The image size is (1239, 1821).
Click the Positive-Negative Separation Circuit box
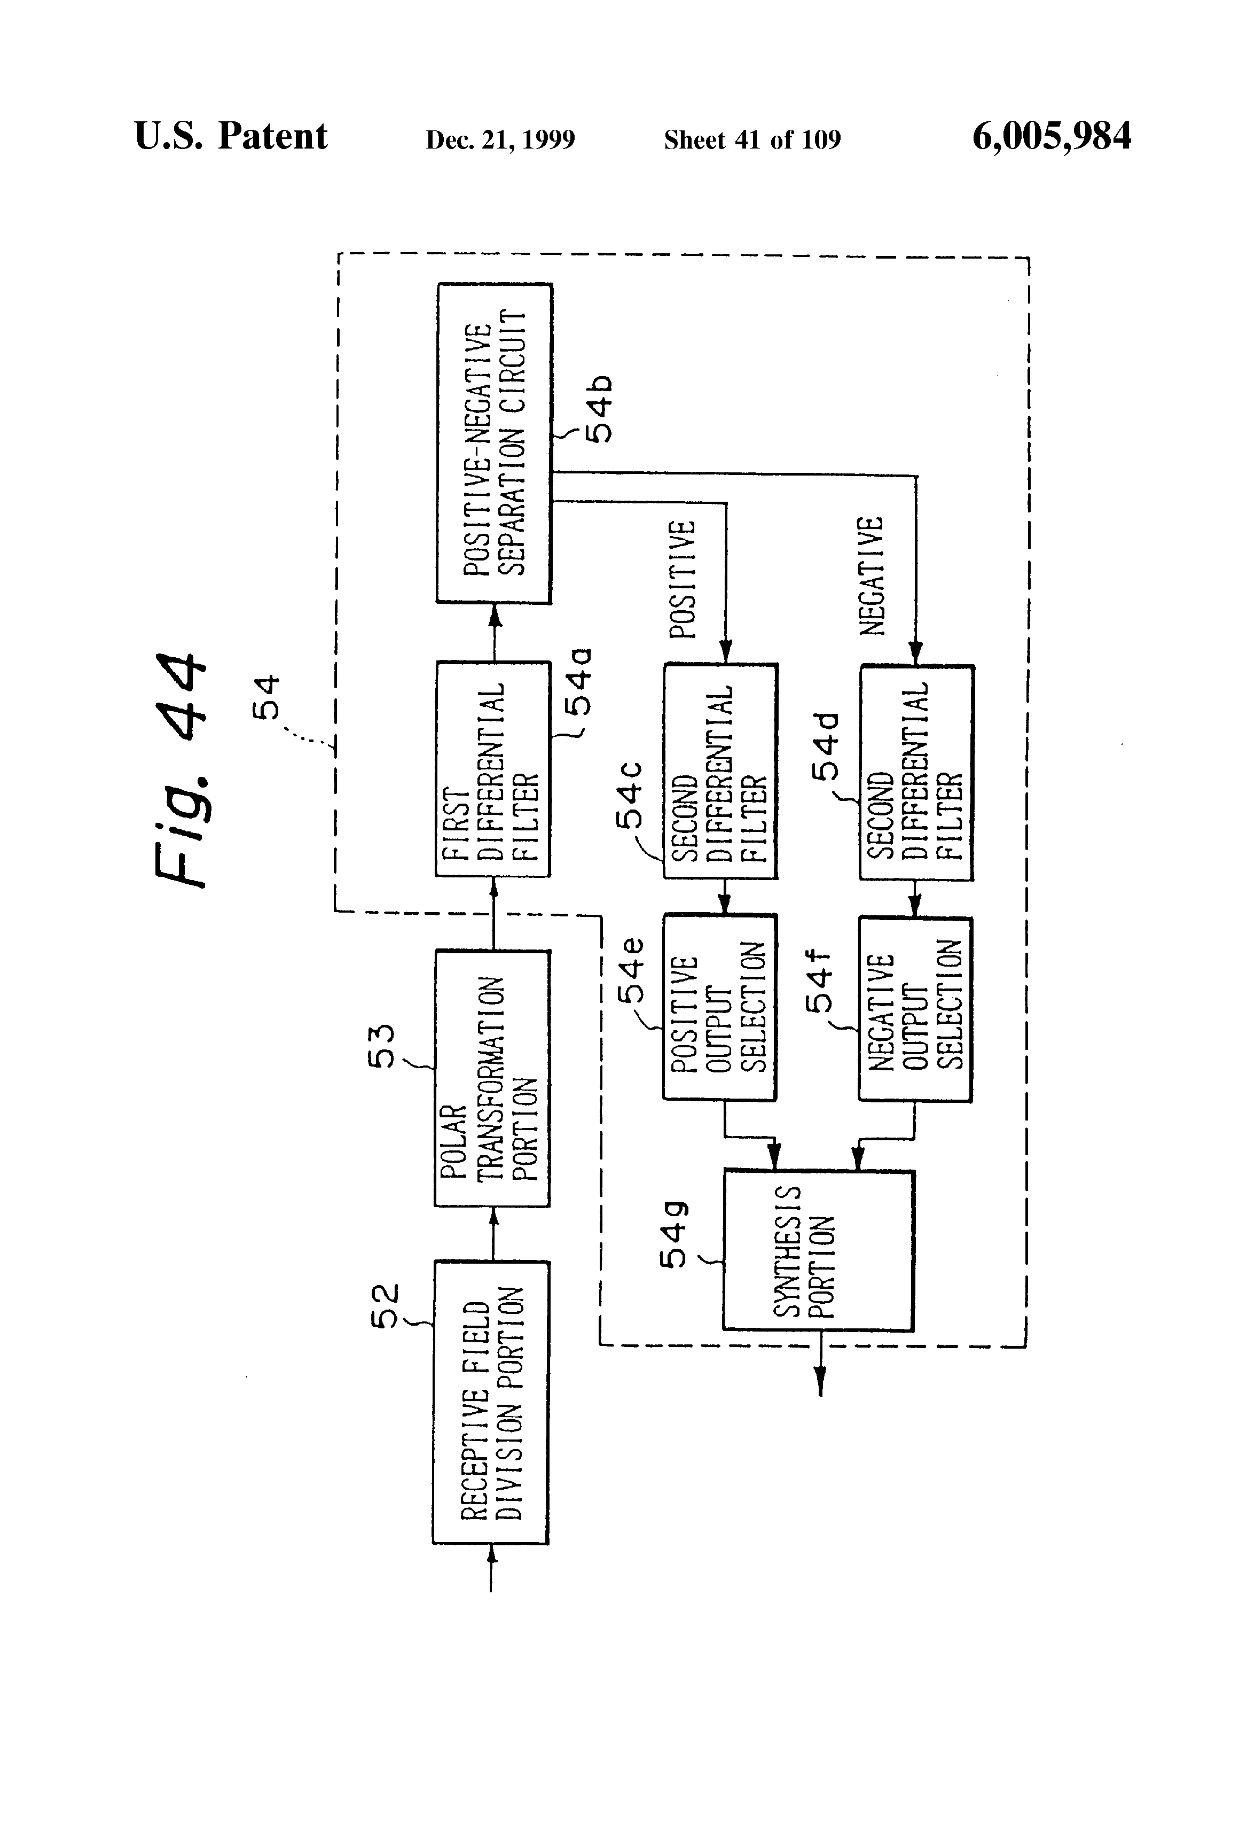(494, 443)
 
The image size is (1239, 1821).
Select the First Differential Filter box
(493, 769)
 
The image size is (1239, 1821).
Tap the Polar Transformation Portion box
(492, 1078)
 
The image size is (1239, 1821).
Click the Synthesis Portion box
(818, 1250)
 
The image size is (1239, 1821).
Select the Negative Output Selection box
(915, 1009)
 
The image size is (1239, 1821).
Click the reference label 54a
(579, 682)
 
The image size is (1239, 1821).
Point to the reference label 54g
(673, 1234)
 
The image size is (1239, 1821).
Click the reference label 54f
(820, 982)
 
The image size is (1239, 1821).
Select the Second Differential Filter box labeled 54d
(917, 773)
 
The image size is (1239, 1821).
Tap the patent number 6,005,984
(1051, 136)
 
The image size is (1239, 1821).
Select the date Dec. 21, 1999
(500, 139)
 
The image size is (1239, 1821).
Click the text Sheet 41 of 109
(752, 139)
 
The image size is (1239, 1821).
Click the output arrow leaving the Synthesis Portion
(820, 1369)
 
